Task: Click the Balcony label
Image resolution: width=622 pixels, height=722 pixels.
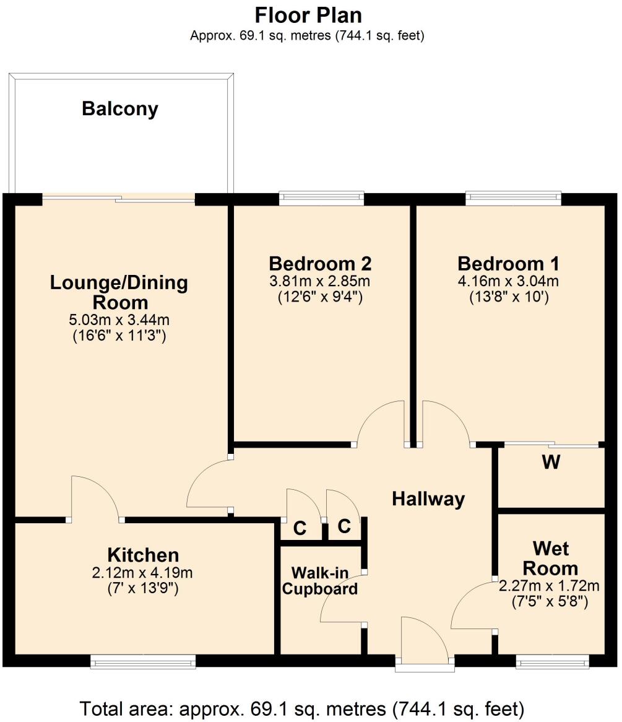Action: tap(120, 109)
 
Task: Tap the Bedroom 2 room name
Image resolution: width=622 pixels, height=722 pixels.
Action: tap(320, 263)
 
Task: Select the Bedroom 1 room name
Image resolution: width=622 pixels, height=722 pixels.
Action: tap(508, 263)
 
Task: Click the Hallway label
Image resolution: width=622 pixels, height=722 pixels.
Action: tap(428, 499)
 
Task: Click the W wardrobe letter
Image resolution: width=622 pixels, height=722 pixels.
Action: tap(551, 463)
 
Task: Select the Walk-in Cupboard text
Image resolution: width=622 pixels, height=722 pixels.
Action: tap(319, 580)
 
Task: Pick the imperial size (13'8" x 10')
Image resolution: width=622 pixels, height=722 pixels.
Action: tap(508, 297)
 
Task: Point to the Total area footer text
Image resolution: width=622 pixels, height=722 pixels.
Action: tap(303, 707)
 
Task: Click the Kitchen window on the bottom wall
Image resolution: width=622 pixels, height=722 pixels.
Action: tap(143, 663)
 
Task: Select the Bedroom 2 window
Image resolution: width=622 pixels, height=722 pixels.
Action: tap(321, 198)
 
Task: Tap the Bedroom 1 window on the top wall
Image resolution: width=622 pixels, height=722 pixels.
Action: tap(514, 198)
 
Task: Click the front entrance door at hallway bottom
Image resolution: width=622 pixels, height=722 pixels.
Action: tap(425, 644)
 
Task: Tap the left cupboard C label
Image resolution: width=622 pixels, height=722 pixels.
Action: tap(300, 529)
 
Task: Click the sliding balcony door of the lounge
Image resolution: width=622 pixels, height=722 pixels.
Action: tap(119, 198)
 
